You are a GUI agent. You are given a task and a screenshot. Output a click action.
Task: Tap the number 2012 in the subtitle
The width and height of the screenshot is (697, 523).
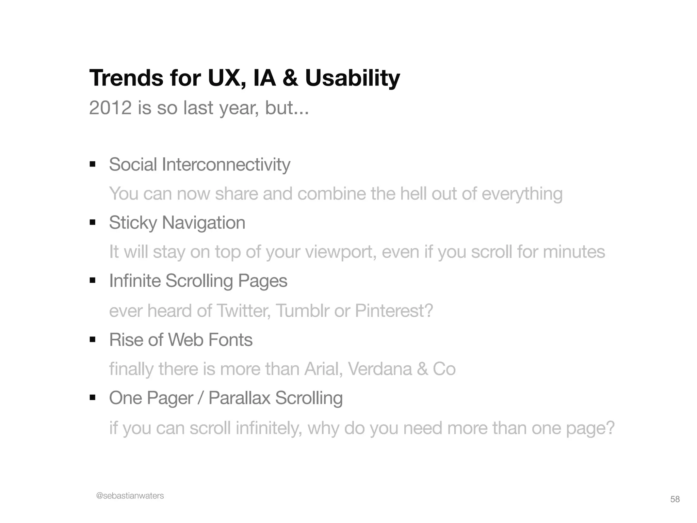(x=110, y=108)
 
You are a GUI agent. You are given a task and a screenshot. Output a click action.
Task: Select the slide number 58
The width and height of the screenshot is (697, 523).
(x=675, y=499)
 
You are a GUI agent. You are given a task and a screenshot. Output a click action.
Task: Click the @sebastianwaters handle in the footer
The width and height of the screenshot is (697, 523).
(x=130, y=496)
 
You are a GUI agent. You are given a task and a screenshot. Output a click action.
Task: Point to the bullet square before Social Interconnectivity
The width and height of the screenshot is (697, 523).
(x=93, y=165)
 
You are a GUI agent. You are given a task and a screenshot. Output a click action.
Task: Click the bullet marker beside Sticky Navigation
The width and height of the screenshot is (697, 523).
(x=93, y=223)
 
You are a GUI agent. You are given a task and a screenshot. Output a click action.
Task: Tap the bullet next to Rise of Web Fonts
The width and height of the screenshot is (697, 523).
(x=93, y=340)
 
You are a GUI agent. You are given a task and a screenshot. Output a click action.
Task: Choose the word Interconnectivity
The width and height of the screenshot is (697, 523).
(x=226, y=165)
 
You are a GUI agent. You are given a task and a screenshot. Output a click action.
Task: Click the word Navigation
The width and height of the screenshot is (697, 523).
(x=204, y=223)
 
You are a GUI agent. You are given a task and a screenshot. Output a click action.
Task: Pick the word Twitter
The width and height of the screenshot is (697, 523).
(x=243, y=311)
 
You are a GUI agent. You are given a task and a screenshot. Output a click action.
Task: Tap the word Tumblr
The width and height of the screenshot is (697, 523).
(x=302, y=311)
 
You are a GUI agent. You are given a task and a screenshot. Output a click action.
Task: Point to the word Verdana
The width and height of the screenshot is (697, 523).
(x=380, y=369)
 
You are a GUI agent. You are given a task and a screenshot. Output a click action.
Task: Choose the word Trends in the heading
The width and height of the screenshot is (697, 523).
(x=126, y=78)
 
